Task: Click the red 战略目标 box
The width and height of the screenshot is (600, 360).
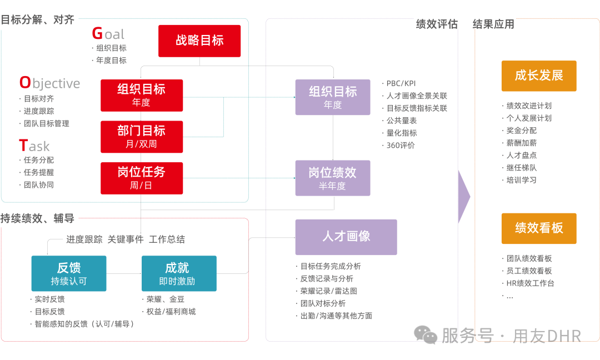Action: pyautogui.click(x=199, y=41)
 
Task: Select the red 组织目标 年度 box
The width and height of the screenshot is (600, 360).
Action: pyautogui.click(x=142, y=95)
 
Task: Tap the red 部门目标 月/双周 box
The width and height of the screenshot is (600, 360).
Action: pyautogui.click(x=142, y=137)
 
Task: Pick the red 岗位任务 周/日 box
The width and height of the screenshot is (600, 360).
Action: pyautogui.click(x=142, y=178)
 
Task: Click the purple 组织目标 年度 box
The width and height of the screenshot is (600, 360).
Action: pyautogui.click(x=332, y=97)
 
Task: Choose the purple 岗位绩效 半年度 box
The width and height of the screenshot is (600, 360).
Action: pyautogui.click(x=332, y=178)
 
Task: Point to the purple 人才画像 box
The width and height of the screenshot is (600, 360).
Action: pyautogui.click(x=346, y=237)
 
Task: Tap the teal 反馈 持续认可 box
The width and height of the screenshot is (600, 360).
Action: pyautogui.click(x=69, y=273)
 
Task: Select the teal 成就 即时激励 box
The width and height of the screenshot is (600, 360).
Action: pyautogui.click(x=179, y=273)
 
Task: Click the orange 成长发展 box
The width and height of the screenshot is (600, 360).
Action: pyautogui.click(x=539, y=76)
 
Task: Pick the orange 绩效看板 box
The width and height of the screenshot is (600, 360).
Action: pyautogui.click(x=539, y=228)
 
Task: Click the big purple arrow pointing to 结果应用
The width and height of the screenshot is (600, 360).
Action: pyautogui.click(x=464, y=197)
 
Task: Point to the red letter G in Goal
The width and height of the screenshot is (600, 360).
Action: pyautogui.click(x=97, y=34)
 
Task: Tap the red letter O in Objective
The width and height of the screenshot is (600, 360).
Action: pyautogui.click(x=25, y=83)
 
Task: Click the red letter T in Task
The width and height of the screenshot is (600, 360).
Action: pyautogui.click(x=23, y=146)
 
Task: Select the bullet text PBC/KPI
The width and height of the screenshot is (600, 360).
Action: pyautogui.click(x=401, y=83)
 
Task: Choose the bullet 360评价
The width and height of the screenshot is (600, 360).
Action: pyautogui.click(x=401, y=146)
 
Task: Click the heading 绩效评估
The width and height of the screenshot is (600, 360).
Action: pyautogui.click(x=437, y=24)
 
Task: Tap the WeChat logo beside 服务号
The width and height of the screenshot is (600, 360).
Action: pyautogui.click(x=426, y=334)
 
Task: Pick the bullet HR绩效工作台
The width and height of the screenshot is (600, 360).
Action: pyautogui.click(x=530, y=283)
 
